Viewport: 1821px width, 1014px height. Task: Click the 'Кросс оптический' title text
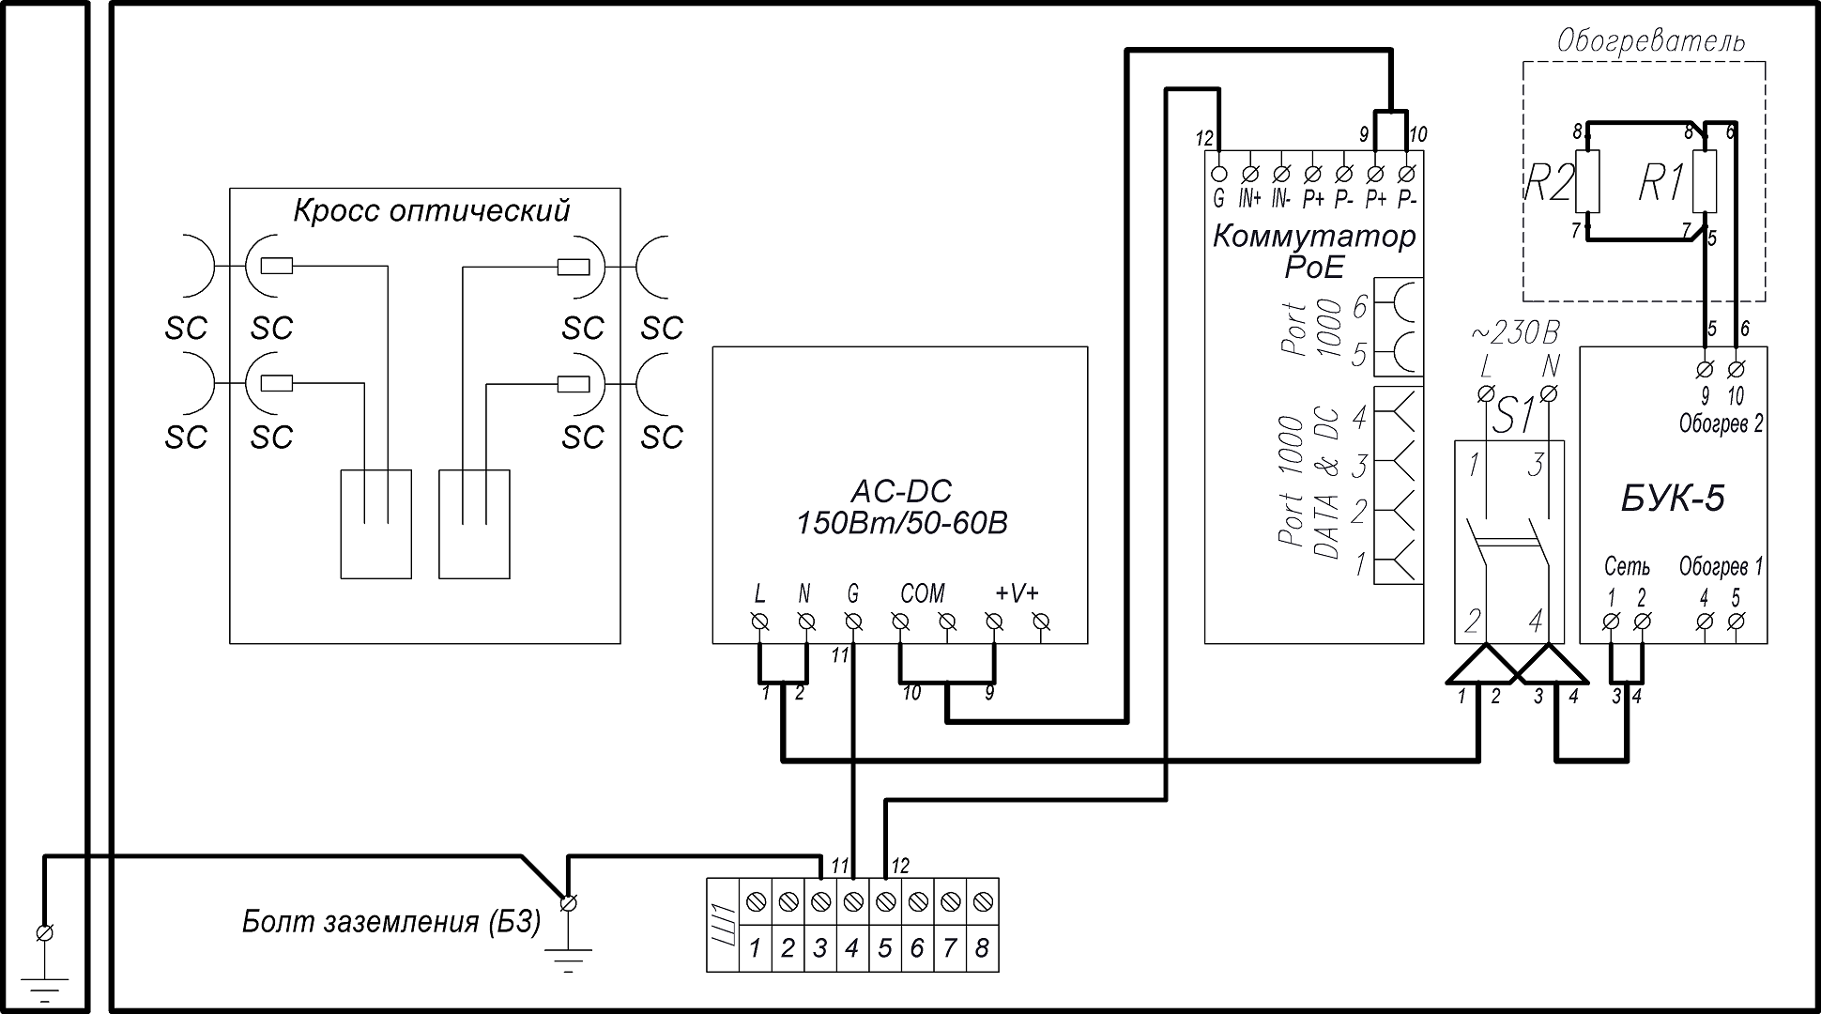432,210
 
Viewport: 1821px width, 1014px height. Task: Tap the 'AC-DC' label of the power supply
900,490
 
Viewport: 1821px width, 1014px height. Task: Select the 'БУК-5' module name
1673,499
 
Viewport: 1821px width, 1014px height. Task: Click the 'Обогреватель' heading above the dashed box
1651,42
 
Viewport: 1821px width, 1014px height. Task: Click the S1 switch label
1514,415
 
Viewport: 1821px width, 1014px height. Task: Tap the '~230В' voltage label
1515,332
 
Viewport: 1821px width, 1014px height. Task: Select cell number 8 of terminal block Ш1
982,948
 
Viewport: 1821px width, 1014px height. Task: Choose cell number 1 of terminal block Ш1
756,948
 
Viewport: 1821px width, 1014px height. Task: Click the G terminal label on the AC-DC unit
852,593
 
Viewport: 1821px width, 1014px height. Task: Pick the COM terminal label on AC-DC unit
922,593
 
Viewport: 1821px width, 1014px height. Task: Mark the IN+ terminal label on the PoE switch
1249,199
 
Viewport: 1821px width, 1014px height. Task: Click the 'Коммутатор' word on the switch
1313,236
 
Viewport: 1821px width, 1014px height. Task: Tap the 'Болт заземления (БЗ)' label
391,923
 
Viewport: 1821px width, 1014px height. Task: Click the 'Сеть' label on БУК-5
1627,567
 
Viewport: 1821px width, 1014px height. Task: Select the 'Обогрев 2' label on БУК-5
1721,424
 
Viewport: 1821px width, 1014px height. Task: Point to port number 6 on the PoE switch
1359,305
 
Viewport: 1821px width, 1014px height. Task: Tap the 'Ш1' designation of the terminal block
721,925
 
